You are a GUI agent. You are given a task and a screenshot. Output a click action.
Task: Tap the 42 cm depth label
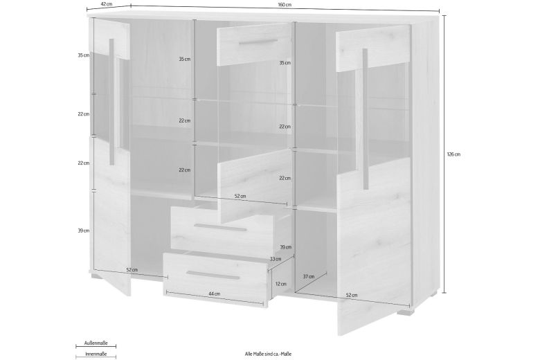(x=106, y=4)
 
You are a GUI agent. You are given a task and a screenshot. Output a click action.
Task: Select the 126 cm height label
(x=454, y=154)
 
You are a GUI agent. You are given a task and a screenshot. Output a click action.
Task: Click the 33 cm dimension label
(x=275, y=259)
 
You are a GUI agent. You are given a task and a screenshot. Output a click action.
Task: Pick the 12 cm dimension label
(x=280, y=284)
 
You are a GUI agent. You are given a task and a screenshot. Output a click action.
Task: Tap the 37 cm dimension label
(x=309, y=276)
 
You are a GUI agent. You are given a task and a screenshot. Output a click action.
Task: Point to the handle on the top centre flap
(x=253, y=44)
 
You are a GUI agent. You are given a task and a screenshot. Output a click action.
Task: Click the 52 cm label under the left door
(x=132, y=269)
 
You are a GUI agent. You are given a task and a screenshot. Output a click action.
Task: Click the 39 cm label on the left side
(x=84, y=231)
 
